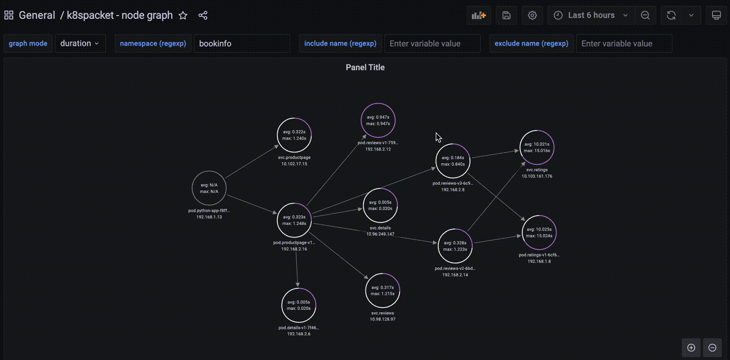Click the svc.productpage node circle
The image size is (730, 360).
[x=294, y=135]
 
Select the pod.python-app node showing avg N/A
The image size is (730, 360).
[x=209, y=188]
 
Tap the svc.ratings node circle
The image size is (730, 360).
[x=537, y=147]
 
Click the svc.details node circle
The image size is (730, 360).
[x=380, y=205]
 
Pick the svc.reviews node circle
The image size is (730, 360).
[x=382, y=291]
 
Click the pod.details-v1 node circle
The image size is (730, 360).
[x=299, y=305]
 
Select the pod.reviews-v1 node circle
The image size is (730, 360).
[x=378, y=120]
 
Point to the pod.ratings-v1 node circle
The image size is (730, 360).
[x=539, y=233]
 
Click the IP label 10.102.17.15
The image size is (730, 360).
[x=294, y=164]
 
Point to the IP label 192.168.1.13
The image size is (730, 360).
[x=209, y=217]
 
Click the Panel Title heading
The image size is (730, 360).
[x=365, y=68]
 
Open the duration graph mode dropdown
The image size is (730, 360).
[x=80, y=43]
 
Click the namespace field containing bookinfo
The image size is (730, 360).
[x=242, y=43]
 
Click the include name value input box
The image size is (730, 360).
[x=432, y=43]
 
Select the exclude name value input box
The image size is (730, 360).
[x=624, y=43]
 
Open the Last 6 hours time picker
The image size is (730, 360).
[x=591, y=15]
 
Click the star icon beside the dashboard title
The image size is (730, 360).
[x=183, y=16]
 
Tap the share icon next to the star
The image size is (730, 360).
[x=203, y=16]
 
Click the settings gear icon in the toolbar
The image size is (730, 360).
[x=532, y=15]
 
